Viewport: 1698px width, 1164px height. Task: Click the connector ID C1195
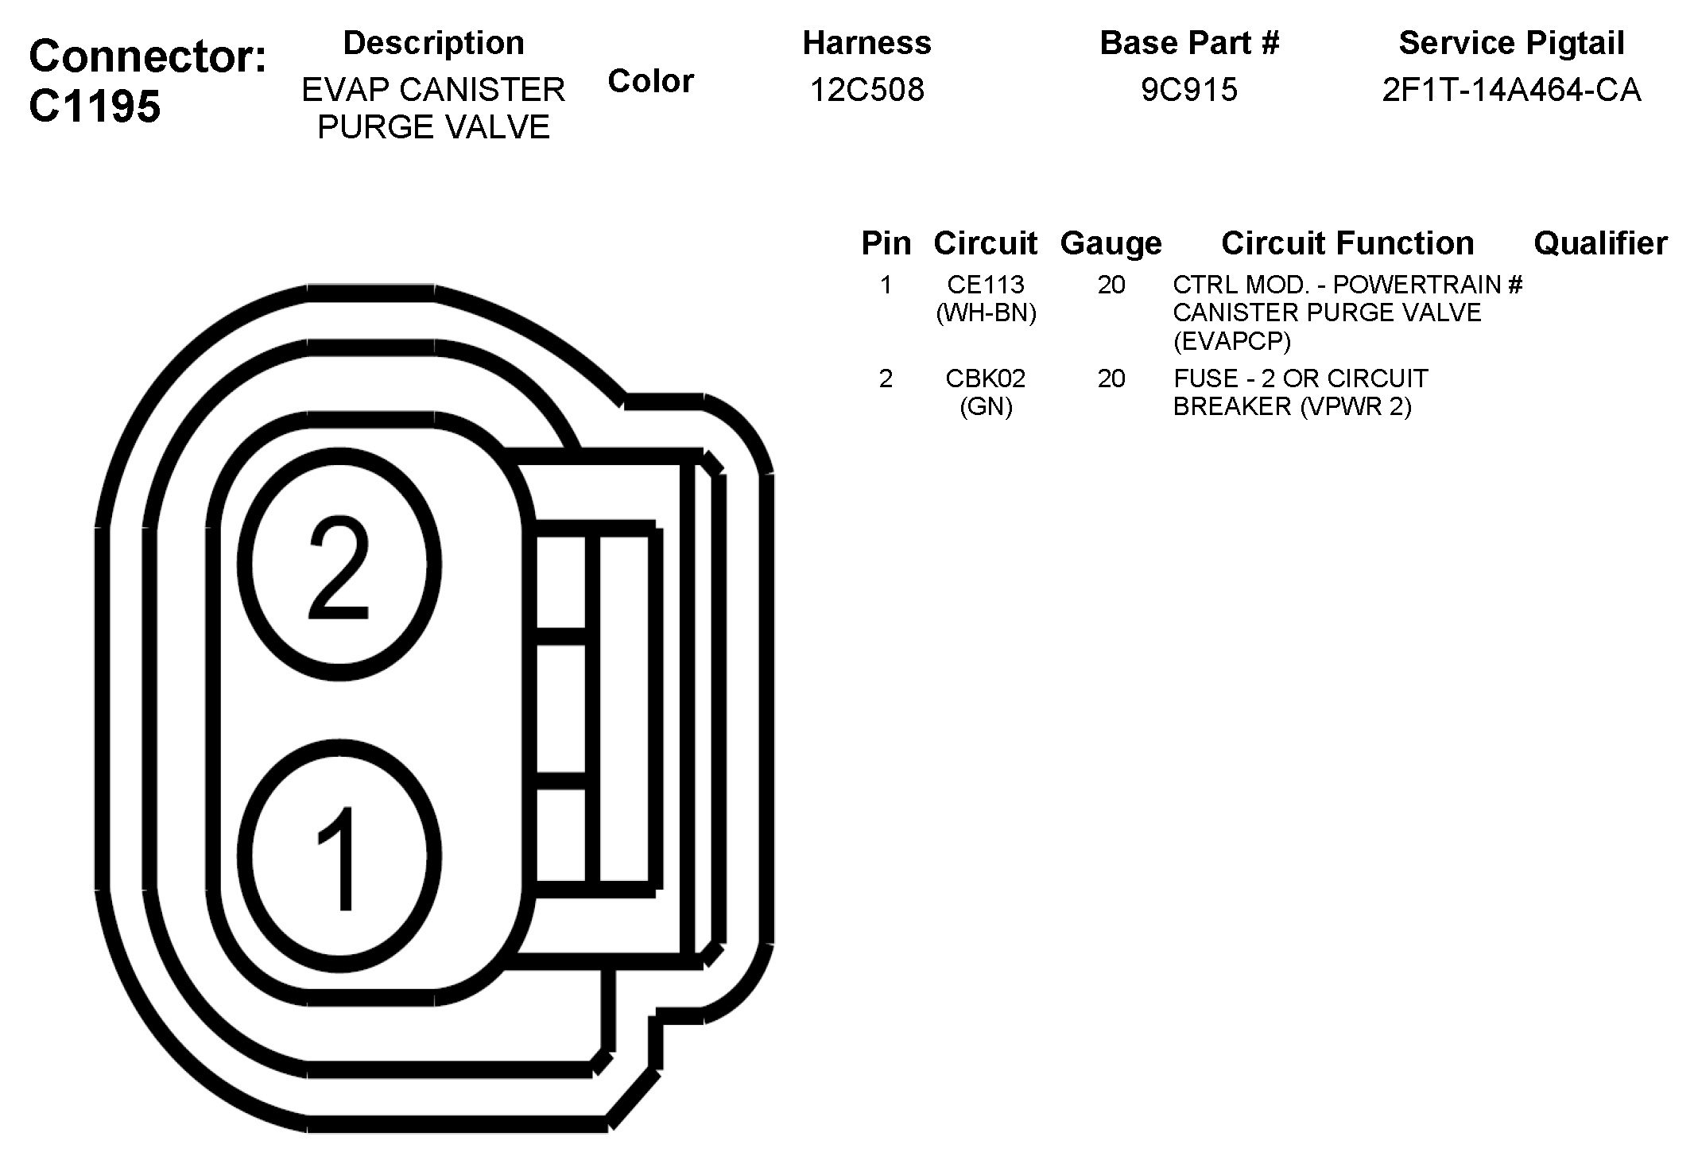(x=95, y=105)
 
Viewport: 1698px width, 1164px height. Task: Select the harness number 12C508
(x=867, y=89)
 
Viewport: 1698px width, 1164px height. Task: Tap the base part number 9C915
(x=1189, y=89)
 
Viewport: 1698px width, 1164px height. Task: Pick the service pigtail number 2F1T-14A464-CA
(x=1511, y=89)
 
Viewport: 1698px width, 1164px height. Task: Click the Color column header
(x=650, y=81)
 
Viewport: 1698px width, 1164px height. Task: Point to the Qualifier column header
(x=1600, y=243)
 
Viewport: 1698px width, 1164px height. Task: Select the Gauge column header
(x=1111, y=243)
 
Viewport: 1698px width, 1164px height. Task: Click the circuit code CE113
(x=986, y=285)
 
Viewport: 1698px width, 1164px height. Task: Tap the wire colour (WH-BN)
(x=986, y=313)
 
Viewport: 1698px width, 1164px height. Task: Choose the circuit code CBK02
(x=986, y=378)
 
